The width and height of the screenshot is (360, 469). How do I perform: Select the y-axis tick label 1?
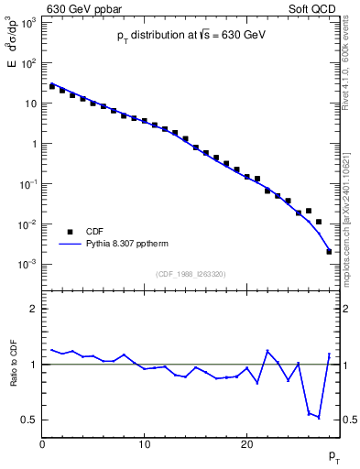point(34,144)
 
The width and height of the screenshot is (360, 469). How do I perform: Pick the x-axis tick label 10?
point(144,445)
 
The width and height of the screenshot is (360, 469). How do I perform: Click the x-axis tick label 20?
point(246,445)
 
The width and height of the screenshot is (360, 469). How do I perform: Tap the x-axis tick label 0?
point(42,445)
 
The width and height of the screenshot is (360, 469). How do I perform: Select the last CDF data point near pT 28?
point(329,251)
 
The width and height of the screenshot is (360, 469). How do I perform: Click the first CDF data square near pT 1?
point(52,86)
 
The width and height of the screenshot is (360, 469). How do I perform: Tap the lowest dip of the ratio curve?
point(319,417)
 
